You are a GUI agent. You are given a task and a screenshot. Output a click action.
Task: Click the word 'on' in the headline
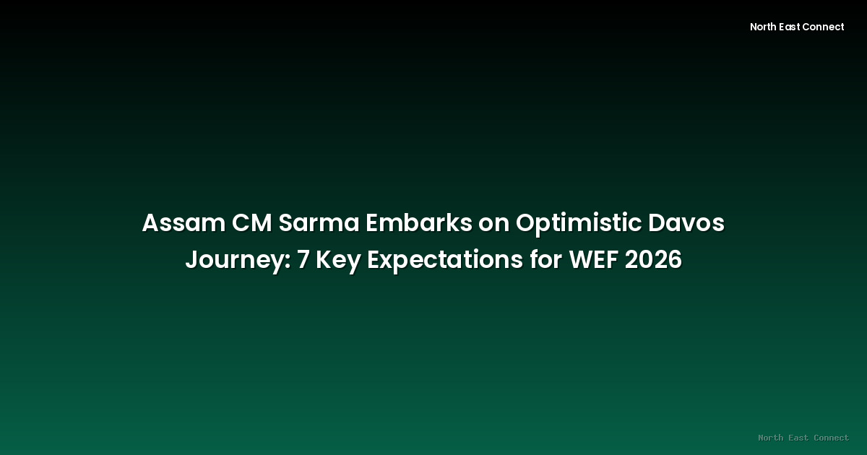click(x=493, y=224)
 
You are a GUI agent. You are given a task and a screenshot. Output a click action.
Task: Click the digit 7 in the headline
click(x=303, y=260)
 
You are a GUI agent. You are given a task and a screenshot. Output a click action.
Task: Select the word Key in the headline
click(x=339, y=260)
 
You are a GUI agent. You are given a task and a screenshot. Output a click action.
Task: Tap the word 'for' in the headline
click(x=545, y=260)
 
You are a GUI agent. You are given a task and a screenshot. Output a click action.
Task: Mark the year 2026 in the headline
click(x=653, y=260)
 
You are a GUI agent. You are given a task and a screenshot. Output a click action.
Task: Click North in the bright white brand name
click(x=764, y=27)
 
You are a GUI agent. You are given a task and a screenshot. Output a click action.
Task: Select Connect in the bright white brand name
click(x=825, y=27)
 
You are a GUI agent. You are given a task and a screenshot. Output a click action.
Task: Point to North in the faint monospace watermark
click(x=770, y=438)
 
